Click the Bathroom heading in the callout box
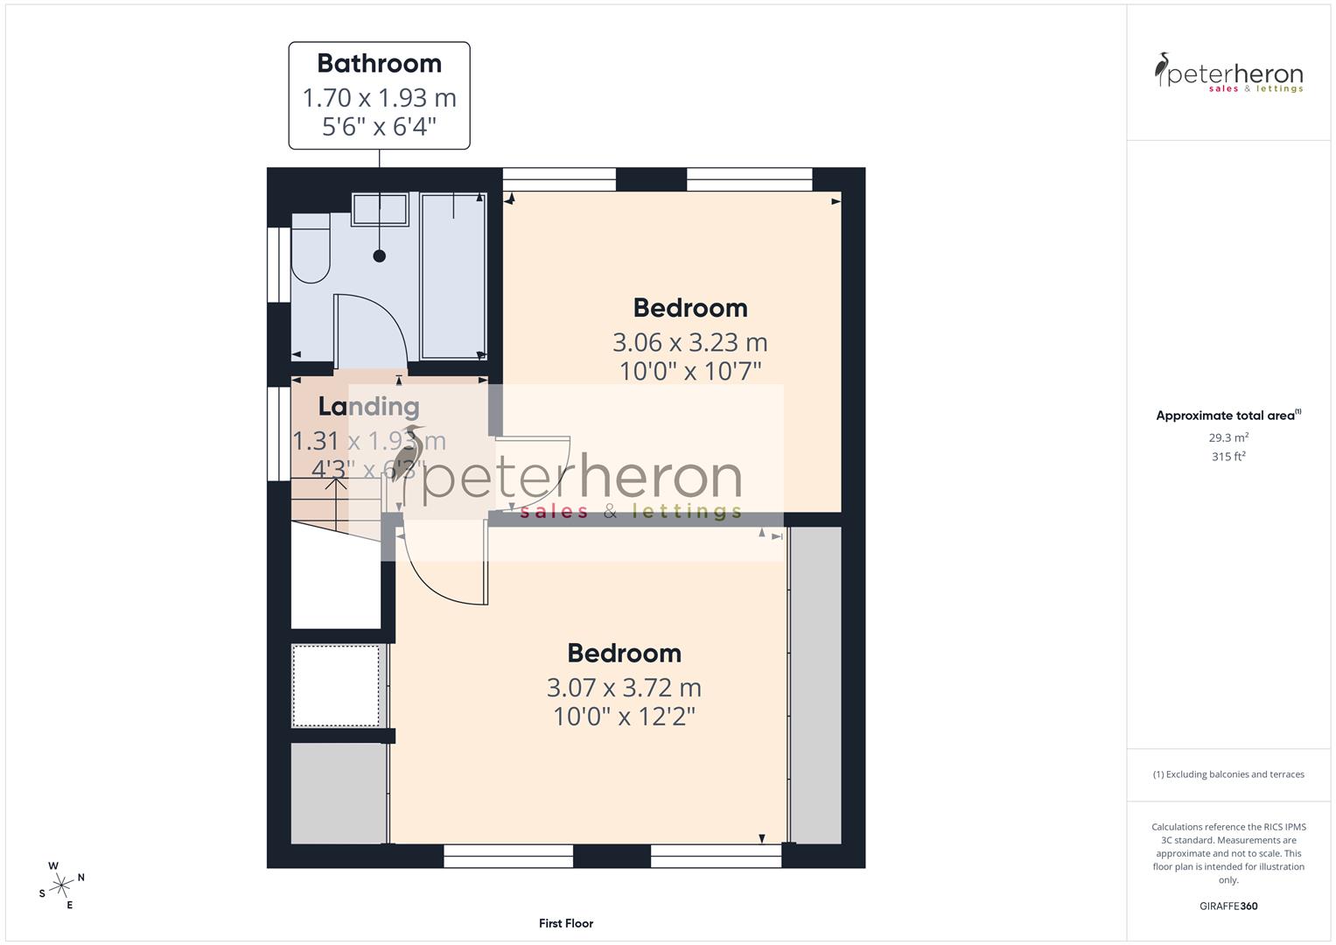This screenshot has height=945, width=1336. click(x=379, y=64)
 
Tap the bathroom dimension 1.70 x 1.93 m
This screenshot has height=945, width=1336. click(x=379, y=97)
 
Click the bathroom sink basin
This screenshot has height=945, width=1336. click(x=380, y=210)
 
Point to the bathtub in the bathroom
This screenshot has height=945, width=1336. click(x=452, y=276)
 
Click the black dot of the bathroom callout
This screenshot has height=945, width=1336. click(x=379, y=256)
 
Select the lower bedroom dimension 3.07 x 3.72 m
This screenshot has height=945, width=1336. click(x=624, y=688)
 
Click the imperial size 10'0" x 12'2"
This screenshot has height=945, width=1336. click(x=624, y=717)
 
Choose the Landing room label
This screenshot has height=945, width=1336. click(x=368, y=406)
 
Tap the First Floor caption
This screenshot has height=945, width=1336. click(x=566, y=923)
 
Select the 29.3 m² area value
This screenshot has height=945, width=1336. click(x=1228, y=437)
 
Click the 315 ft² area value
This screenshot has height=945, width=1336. click(x=1228, y=457)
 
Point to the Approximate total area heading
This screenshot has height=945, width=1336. click(x=1228, y=416)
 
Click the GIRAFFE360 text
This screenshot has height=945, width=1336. click(x=1228, y=906)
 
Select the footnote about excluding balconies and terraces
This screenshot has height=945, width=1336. click(x=1228, y=774)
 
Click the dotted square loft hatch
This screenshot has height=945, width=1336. click(x=336, y=686)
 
